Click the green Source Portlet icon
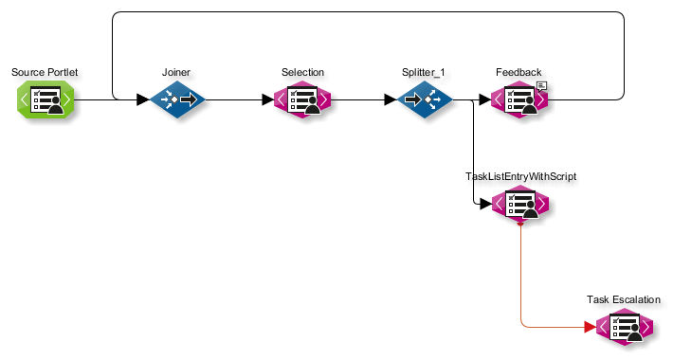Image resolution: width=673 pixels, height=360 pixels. click(44, 99)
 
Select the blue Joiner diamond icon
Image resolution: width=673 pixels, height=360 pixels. click(177, 99)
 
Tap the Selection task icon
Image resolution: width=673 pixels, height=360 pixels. click(302, 99)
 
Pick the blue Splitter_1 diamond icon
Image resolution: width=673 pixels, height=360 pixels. click(424, 99)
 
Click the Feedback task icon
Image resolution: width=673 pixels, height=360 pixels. click(518, 99)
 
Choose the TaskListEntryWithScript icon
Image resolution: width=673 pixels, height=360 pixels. click(519, 204)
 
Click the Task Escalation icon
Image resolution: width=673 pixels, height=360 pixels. click(624, 327)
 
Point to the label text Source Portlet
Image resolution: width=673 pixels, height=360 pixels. click(44, 73)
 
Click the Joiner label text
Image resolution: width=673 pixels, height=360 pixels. click(177, 73)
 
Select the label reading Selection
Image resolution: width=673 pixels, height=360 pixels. click(302, 73)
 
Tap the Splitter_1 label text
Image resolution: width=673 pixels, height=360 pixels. click(424, 73)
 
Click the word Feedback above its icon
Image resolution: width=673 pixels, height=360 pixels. click(518, 73)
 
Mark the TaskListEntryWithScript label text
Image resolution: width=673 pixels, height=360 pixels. click(520, 176)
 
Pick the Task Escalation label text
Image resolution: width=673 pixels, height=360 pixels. click(624, 300)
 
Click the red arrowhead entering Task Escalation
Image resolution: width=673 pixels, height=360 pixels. click(590, 327)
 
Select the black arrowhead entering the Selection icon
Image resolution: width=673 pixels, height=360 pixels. click(268, 99)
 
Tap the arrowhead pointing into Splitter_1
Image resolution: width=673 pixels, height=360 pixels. click(390, 99)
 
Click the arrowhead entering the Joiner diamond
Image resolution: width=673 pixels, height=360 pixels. click(143, 99)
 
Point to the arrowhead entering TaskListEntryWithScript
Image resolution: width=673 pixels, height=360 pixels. click(485, 204)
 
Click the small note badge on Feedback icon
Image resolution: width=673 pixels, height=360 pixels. click(541, 86)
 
